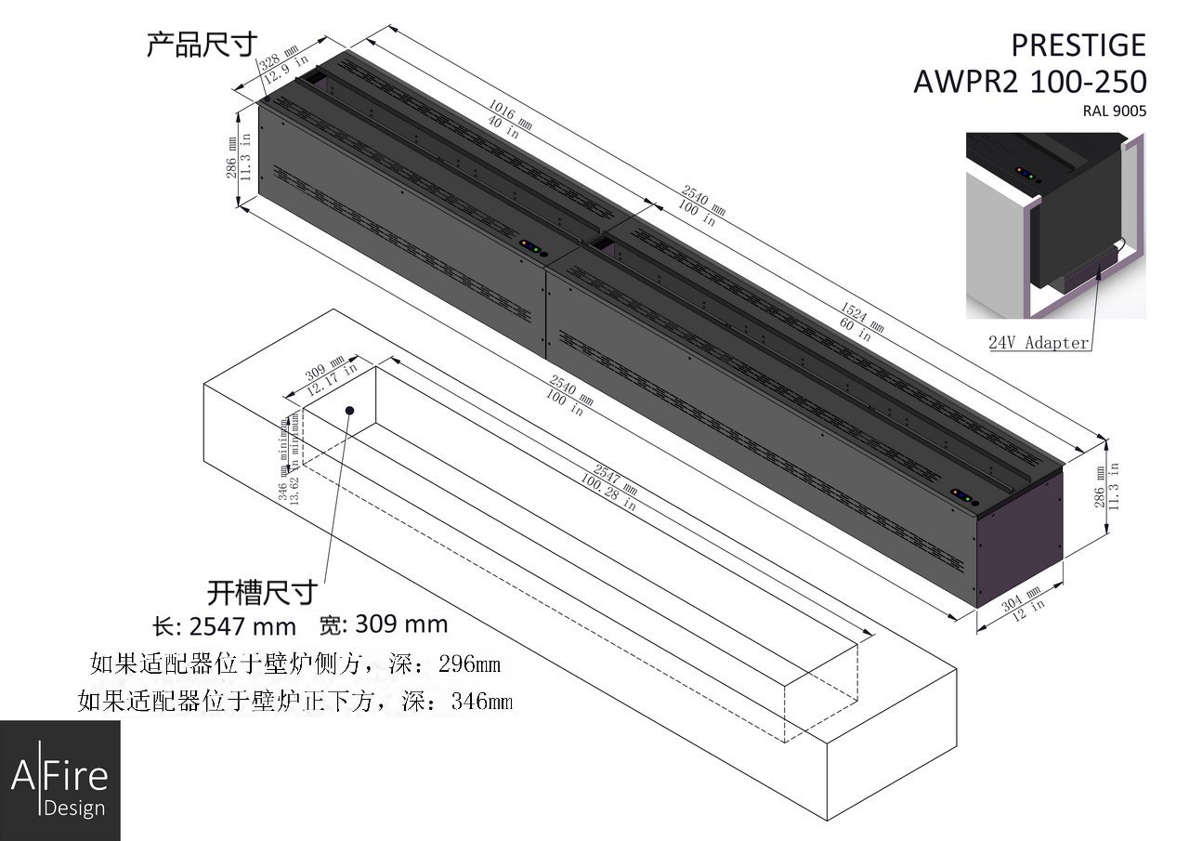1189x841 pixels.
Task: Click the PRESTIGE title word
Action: pyautogui.click(x=1078, y=45)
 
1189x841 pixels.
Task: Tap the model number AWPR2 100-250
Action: pyautogui.click(x=1029, y=82)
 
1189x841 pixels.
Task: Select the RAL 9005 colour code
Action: pyautogui.click(x=1114, y=111)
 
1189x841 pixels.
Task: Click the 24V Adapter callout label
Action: pyautogui.click(x=1039, y=342)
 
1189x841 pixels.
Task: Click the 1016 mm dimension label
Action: pyautogui.click(x=510, y=112)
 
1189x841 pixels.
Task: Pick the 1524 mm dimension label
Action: pyautogui.click(x=861, y=316)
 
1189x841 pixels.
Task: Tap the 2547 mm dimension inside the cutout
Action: pyautogui.click(x=616, y=476)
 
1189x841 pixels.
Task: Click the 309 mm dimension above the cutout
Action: pyautogui.click(x=325, y=366)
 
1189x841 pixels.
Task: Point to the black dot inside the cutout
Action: pyautogui.click(x=350, y=410)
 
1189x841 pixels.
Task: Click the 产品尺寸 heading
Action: pyautogui.click(x=201, y=44)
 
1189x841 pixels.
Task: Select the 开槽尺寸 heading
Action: pyautogui.click(x=262, y=592)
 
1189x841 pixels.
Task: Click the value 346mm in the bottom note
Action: pyautogui.click(x=481, y=701)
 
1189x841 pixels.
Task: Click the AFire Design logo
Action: pyautogui.click(x=59, y=781)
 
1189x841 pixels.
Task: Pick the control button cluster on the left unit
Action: pyautogui.click(x=533, y=247)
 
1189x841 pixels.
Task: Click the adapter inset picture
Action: pyautogui.click(x=1055, y=225)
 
